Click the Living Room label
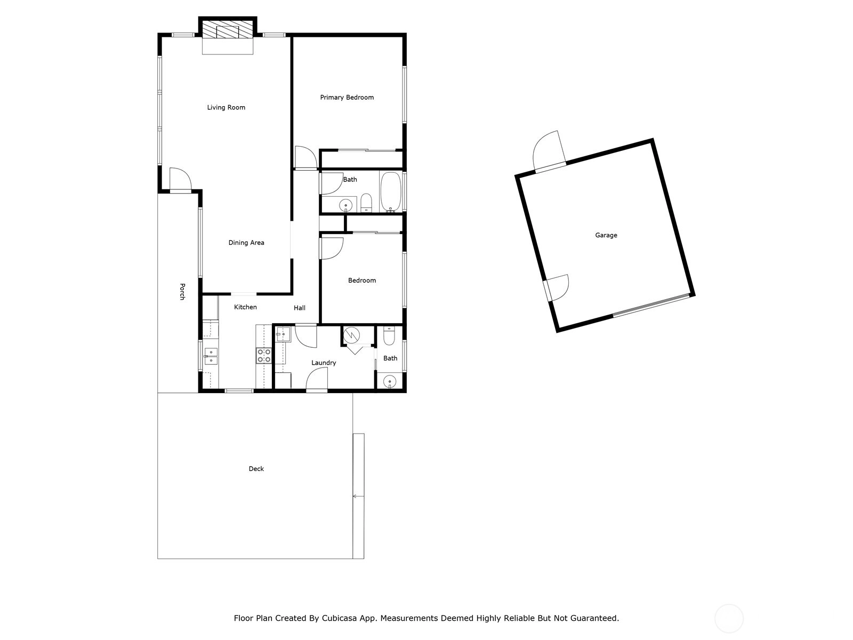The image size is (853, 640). (x=226, y=107)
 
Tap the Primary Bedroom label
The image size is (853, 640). (x=347, y=97)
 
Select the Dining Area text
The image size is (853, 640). (x=246, y=243)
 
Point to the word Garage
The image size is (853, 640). (x=606, y=235)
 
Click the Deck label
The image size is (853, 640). (x=256, y=469)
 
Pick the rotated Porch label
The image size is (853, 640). (x=182, y=291)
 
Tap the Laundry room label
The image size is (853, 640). (x=323, y=363)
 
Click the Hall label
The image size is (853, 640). (x=299, y=308)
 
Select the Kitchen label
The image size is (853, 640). (x=245, y=307)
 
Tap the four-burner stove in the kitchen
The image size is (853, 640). (x=263, y=355)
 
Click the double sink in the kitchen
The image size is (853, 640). (x=211, y=356)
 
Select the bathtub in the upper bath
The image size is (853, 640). (x=391, y=191)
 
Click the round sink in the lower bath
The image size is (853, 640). (x=389, y=381)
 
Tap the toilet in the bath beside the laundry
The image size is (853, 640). (x=389, y=336)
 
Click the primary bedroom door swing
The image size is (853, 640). (x=306, y=157)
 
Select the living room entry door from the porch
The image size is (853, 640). (x=181, y=180)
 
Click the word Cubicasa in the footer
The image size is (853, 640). (x=339, y=618)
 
